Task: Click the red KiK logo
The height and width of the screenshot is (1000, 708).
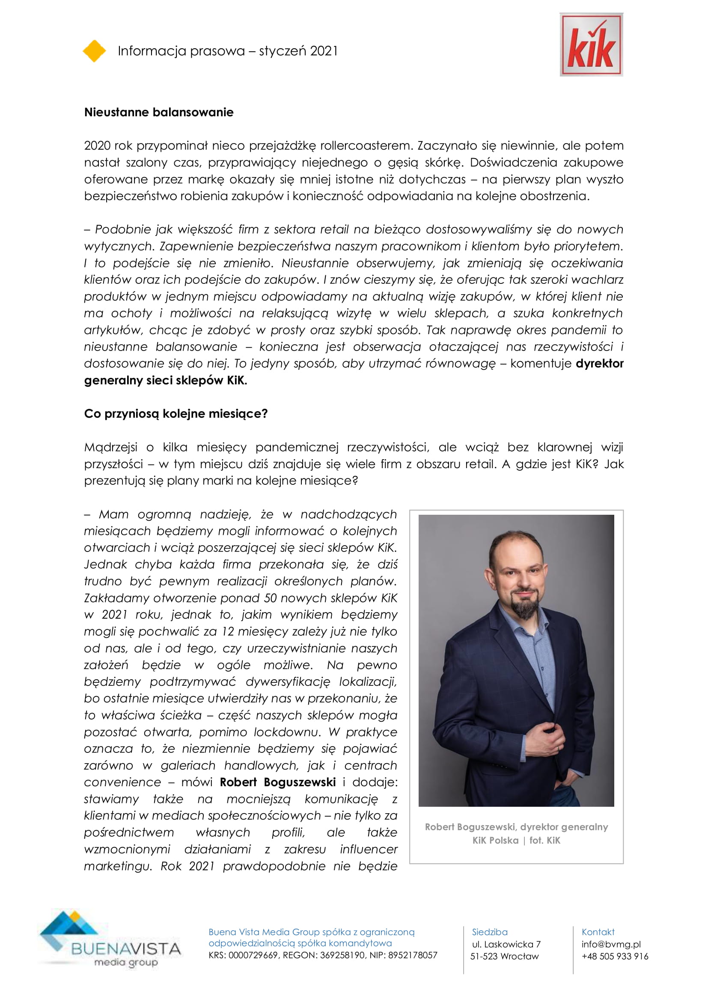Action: (x=591, y=45)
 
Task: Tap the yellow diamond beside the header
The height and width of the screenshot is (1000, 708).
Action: (x=94, y=51)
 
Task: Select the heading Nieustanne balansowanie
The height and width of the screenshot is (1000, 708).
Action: (x=159, y=112)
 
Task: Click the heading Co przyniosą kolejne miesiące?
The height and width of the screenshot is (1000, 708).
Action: (x=176, y=413)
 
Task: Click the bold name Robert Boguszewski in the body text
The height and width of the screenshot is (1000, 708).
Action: (x=278, y=782)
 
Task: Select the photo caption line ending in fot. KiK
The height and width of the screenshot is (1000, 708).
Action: (x=516, y=840)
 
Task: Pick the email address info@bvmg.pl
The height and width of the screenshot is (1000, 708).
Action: (x=611, y=944)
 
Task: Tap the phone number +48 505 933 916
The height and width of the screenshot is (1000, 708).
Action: (x=615, y=956)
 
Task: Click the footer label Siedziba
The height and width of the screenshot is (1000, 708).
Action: (x=490, y=932)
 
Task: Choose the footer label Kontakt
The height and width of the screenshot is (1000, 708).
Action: (x=598, y=932)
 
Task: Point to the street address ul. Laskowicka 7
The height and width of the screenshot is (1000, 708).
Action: (x=506, y=944)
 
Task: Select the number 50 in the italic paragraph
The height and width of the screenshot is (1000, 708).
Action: (x=270, y=598)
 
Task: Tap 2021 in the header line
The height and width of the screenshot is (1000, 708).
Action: (x=324, y=51)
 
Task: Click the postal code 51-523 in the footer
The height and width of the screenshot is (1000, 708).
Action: (x=484, y=956)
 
